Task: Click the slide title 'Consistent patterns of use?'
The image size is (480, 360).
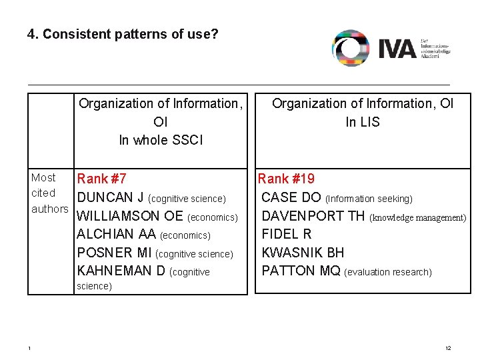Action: pos(123,33)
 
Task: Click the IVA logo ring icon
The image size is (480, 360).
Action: pos(351,48)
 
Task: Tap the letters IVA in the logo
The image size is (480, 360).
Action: pos(396,49)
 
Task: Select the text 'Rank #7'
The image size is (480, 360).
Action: pos(102,179)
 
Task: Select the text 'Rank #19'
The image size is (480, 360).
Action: pos(286,179)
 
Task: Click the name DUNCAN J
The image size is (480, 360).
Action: pos(111,198)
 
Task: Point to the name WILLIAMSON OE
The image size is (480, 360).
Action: pos(130,217)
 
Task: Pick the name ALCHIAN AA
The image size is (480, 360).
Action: pos(117,235)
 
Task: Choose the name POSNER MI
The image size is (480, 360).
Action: pos(115,253)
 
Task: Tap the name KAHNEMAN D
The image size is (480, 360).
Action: pos(122,271)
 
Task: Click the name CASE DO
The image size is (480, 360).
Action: pos(291,198)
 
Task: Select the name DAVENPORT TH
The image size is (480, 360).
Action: pos(313,217)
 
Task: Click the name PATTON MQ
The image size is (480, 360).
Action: pos(301,271)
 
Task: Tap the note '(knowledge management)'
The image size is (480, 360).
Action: pos(418,217)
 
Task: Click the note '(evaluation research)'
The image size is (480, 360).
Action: pos(388,272)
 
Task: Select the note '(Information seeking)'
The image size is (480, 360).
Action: pos(369,199)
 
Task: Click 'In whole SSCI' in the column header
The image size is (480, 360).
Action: pos(161,140)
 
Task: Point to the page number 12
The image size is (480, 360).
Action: pos(448,349)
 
